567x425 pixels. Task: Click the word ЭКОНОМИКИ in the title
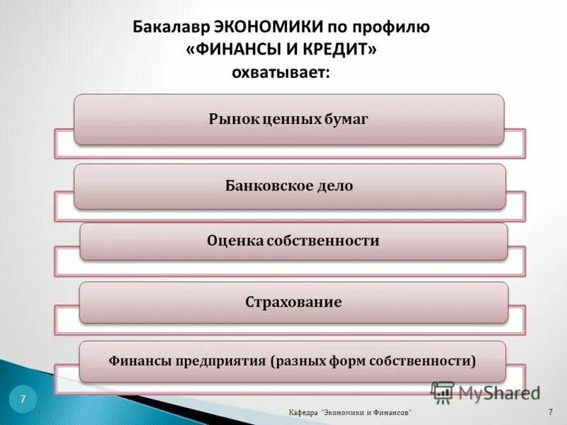269,28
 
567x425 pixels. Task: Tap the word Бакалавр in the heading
170,28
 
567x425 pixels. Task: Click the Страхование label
293,302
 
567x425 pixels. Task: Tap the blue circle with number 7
23,399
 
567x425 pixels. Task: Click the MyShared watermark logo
485,392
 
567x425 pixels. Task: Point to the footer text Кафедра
303,412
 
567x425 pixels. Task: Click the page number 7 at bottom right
550,412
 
